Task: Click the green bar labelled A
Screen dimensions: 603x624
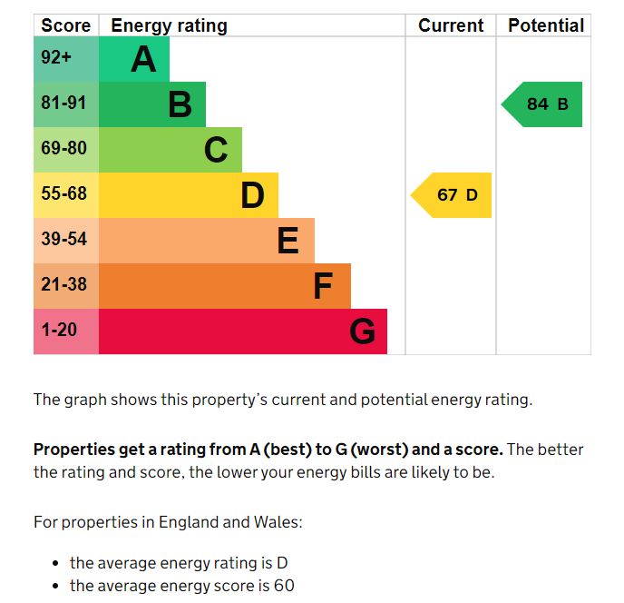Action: [x=133, y=59]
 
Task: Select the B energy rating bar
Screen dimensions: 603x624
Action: [x=151, y=104]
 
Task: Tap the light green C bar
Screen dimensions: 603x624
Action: [x=170, y=150]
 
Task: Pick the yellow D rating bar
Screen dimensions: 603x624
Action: [x=188, y=195]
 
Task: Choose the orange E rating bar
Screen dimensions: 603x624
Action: [x=206, y=241]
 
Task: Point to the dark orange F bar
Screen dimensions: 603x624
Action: [x=224, y=286]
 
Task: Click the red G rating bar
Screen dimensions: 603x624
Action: [x=242, y=331]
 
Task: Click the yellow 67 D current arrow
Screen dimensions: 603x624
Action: [x=453, y=195]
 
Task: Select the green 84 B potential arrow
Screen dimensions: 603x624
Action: [x=543, y=104]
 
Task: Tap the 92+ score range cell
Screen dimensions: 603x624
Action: [x=65, y=59]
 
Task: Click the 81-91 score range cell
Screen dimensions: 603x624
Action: [x=65, y=104]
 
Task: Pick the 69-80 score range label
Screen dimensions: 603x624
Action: [x=65, y=148]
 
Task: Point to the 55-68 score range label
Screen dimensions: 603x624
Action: [x=65, y=193]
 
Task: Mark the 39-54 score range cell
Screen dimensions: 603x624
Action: [x=65, y=240]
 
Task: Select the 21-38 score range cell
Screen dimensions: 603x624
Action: [x=65, y=285]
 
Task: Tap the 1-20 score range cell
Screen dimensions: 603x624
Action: [x=65, y=331]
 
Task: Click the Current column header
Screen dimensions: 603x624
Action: [x=451, y=25]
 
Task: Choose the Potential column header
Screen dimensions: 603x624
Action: [x=545, y=25]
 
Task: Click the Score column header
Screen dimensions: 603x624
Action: [x=66, y=25]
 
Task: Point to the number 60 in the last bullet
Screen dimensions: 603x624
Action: [x=284, y=586]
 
